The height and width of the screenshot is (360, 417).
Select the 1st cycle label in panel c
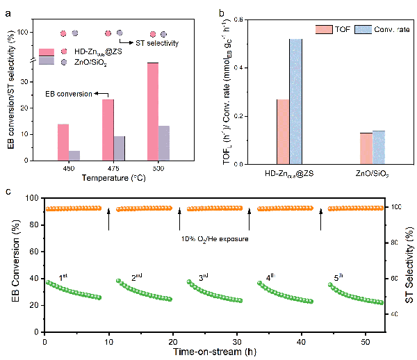pyautogui.click(x=63, y=277)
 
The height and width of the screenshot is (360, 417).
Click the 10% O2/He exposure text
pyautogui.click(x=214, y=240)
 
